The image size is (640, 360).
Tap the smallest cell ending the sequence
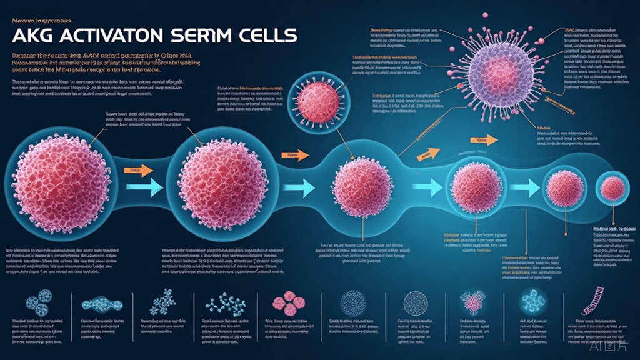(x=607, y=187)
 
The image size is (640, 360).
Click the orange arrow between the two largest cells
(x=138, y=169)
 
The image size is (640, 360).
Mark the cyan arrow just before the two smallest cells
(x=524, y=186)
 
